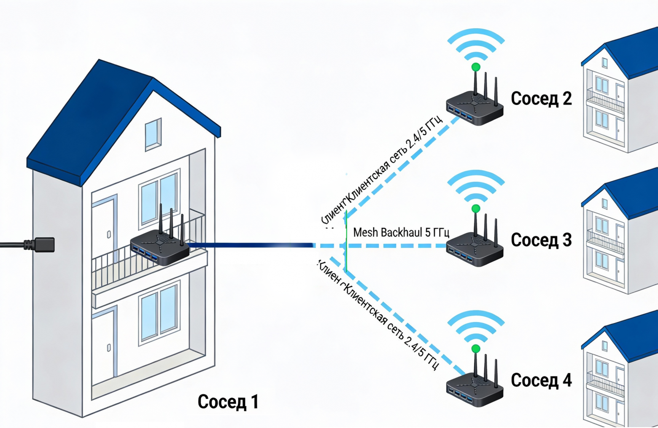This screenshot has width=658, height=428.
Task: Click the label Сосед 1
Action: (x=228, y=402)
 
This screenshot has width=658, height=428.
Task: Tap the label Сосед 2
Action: (x=541, y=99)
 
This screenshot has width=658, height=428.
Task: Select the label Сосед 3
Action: (x=541, y=240)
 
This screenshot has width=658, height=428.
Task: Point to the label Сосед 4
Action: (x=541, y=380)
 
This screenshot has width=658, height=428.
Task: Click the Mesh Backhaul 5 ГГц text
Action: (x=401, y=232)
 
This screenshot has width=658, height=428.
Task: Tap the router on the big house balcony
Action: (x=160, y=248)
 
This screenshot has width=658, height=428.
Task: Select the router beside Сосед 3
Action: (x=475, y=250)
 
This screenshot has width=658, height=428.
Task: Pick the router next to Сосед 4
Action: (x=475, y=390)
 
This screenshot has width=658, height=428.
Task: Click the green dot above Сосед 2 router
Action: (x=476, y=67)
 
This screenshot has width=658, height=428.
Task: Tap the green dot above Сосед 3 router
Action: (x=476, y=208)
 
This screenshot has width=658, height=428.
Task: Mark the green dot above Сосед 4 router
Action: (x=476, y=349)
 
